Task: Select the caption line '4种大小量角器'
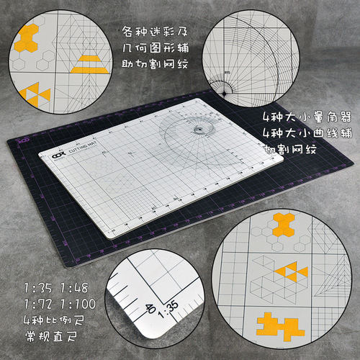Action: pos(297,116)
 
